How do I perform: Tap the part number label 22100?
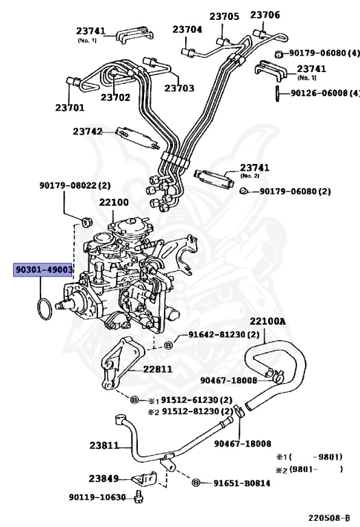coord(113,202)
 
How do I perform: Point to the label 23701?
coord(70,108)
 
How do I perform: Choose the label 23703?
coord(179,89)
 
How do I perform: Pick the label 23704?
coord(187,30)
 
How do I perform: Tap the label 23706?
coord(265,15)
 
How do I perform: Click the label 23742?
coord(88,131)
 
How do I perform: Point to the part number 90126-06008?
coord(320,93)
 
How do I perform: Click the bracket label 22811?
coord(157,368)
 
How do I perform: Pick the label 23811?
coord(104,445)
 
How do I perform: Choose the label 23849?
coord(104,478)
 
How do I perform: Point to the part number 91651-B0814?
coord(241,483)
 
